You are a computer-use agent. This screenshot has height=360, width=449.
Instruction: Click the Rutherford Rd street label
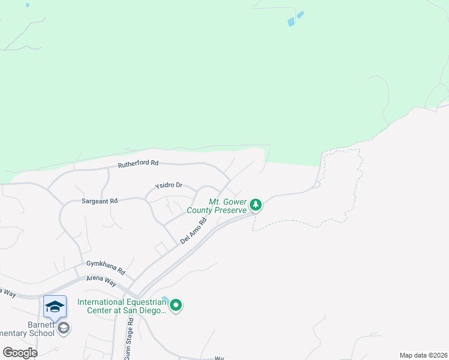tap(138, 163)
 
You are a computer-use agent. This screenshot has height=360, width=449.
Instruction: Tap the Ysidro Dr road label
tap(168, 185)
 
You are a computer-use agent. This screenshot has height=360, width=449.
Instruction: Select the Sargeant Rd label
tap(100, 202)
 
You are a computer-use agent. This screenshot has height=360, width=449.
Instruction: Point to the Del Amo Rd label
tap(193, 230)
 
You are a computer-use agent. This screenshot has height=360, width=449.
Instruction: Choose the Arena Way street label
tap(100, 279)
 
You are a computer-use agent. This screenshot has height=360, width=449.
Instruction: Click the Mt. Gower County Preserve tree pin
tap(256, 205)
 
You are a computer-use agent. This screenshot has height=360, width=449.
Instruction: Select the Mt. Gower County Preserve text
tap(217, 206)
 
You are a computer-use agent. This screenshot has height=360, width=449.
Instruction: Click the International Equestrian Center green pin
tap(176, 306)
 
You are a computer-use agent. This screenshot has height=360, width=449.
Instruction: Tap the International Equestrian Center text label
tap(121, 306)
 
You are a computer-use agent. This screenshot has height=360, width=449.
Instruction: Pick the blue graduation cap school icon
tap(55, 307)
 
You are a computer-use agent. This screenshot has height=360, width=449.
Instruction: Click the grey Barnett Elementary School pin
tap(64, 328)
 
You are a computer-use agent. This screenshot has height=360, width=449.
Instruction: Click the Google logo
tap(20, 352)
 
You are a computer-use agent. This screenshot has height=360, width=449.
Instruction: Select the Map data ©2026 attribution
tap(423, 355)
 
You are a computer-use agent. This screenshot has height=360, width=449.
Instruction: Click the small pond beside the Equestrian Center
tap(165, 298)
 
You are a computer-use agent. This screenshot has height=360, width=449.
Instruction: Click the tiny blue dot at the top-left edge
tap(28, 5)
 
